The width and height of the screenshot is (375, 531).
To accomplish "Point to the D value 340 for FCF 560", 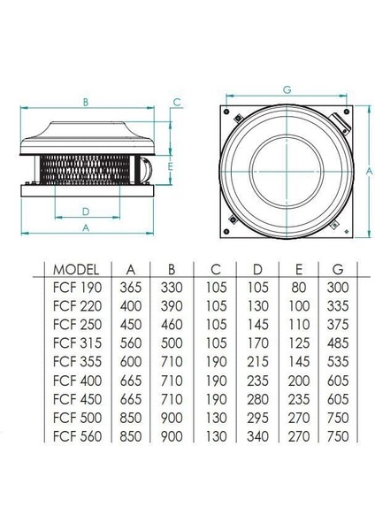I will click(x=255, y=435).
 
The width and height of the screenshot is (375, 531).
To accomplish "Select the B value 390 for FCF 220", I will click(x=173, y=306).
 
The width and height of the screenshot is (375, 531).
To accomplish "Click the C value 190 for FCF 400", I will click(x=215, y=381).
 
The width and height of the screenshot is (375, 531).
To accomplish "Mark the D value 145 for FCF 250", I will click(x=255, y=325).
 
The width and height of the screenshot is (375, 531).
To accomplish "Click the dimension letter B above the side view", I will click(x=86, y=103).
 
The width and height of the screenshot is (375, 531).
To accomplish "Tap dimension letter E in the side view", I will click(x=168, y=165).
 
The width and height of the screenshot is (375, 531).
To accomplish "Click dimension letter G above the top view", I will click(x=288, y=89).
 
